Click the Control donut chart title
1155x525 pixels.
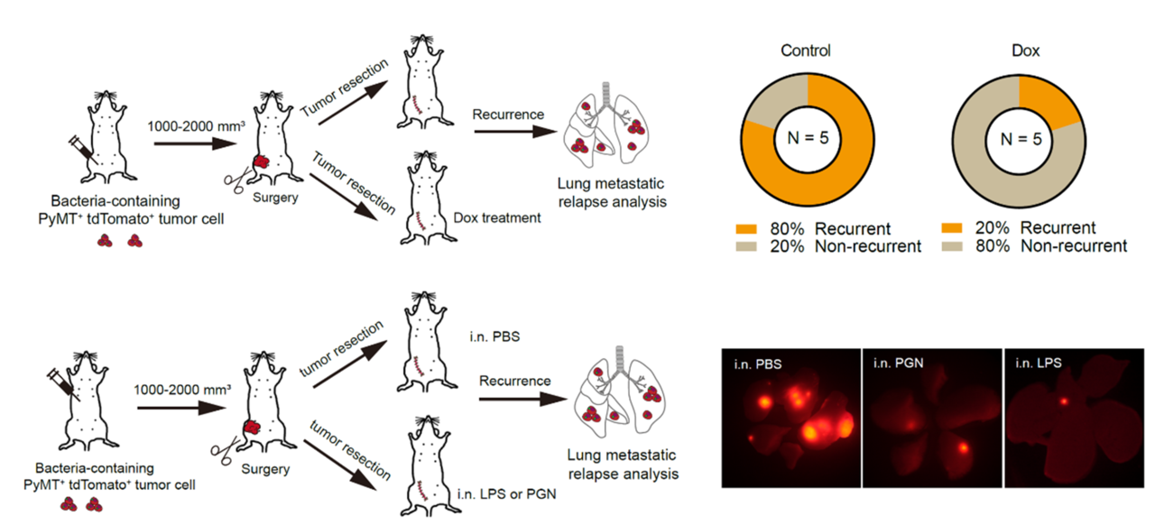806,51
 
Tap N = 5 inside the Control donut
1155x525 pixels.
806,141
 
